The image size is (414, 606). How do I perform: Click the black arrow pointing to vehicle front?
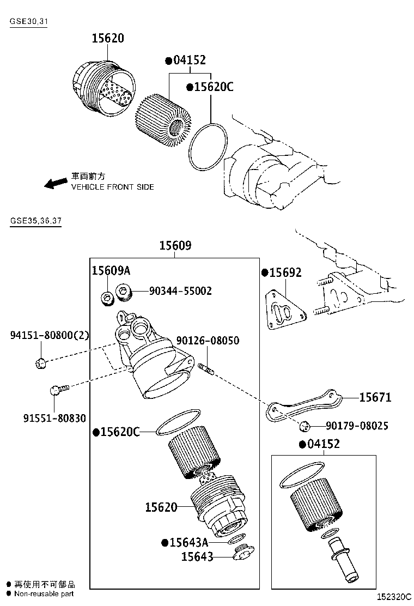[x=56, y=183]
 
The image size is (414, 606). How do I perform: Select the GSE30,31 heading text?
[x=28, y=22]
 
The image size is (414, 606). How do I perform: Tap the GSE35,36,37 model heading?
[x=35, y=222]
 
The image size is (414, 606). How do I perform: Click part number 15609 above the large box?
[x=175, y=246]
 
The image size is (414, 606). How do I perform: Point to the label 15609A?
[x=111, y=271]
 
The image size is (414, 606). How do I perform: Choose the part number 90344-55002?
[x=180, y=291]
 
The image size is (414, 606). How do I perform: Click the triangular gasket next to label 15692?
[x=284, y=312]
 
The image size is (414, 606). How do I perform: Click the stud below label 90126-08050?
[x=207, y=369]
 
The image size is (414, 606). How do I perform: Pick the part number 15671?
[x=375, y=397]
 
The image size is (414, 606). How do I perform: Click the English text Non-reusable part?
[x=44, y=593]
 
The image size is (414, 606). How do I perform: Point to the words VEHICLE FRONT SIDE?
[x=112, y=187]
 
